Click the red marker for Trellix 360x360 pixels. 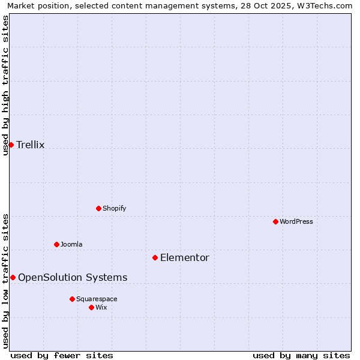click(11, 145)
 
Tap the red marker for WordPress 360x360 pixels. click(275, 221)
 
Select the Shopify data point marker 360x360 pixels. click(98, 208)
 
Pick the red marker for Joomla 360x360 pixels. click(56, 244)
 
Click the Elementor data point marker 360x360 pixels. click(155, 257)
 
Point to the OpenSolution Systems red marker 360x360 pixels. click(13, 277)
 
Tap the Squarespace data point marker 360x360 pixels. click(72, 299)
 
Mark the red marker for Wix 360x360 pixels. click(91, 307)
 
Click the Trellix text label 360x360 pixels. click(31, 145)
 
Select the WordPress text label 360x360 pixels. click(296, 221)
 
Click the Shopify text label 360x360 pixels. click(114, 208)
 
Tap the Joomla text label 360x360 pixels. click(71, 244)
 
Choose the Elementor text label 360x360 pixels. click(185, 258)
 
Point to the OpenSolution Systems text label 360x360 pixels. click(73, 277)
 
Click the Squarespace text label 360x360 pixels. click(97, 299)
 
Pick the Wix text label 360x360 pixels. click(101, 307)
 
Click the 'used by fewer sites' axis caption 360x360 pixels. click(62, 355)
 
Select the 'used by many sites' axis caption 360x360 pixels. click(301, 355)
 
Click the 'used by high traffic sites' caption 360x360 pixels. click(5, 85)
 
